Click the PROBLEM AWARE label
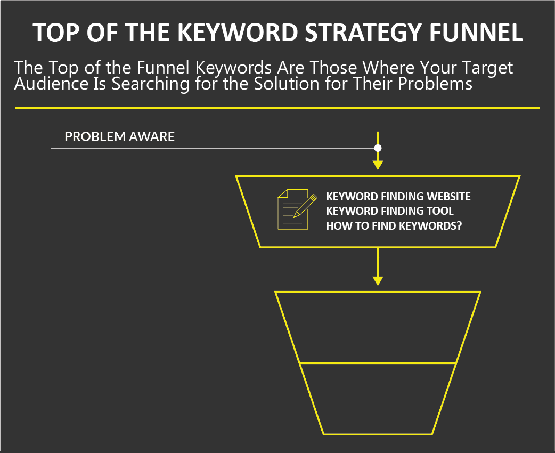[120, 136]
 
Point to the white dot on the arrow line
[378, 148]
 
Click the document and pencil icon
[297, 209]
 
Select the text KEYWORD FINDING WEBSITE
[398, 197]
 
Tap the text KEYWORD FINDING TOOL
[390, 211]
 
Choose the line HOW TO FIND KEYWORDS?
[394, 225]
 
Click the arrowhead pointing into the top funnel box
[378, 165]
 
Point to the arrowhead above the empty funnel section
[378, 281]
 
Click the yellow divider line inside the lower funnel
[378, 363]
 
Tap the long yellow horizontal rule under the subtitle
[277, 108]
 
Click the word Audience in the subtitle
[51, 84]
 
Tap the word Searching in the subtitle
[150, 85]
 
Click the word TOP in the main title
[56, 32]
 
